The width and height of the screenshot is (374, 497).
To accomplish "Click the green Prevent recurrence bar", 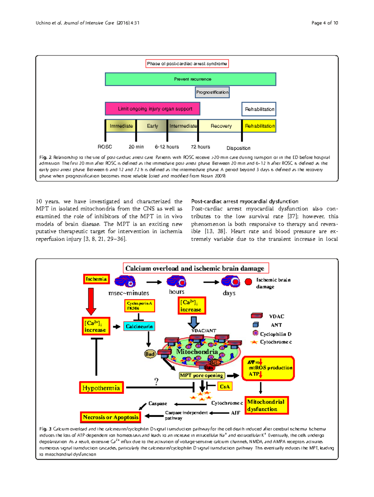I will [190, 79].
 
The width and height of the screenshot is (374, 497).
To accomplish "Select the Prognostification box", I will [212, 92].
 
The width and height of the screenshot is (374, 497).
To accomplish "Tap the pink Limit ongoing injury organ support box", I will [152, 109].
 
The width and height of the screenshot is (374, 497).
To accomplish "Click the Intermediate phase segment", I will [183, 126].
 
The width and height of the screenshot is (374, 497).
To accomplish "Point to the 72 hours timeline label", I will [200, 147].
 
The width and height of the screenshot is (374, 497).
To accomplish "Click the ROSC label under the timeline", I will [105, 147].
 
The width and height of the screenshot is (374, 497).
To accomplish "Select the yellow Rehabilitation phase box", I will [259, 126].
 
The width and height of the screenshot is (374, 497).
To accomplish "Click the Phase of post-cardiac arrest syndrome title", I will [187, 64].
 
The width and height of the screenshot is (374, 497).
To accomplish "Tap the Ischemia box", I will [96, 279].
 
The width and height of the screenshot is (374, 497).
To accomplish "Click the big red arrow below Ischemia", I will [91, 301].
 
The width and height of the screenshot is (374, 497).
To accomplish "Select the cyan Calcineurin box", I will [139, 326].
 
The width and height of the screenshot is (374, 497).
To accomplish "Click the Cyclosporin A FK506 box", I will [140, 306].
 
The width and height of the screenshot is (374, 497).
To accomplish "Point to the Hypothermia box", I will [101, 388].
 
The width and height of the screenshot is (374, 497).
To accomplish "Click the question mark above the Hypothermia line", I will [156, 381].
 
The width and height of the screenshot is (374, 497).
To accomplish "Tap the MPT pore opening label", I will [202, 375].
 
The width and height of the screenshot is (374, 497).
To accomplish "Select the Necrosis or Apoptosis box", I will [111, 417].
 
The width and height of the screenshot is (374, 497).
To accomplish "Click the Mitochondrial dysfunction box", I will [266, 405].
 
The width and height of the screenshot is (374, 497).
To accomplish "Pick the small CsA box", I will [224, 387].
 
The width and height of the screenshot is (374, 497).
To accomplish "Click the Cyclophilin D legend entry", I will [272, 334].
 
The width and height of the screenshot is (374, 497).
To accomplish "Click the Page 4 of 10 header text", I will [324, 23].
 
